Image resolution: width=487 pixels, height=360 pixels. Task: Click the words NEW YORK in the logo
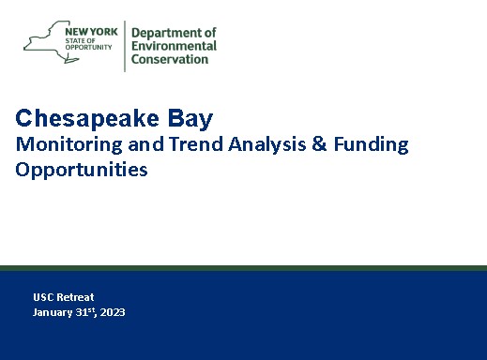click(90, 30)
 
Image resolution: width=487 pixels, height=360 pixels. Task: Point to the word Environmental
click(175, 46)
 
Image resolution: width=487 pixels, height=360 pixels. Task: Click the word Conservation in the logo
click(170, 59)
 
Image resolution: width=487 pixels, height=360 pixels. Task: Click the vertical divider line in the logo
click(125, 44)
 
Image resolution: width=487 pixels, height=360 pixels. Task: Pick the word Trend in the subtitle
click(191, 144)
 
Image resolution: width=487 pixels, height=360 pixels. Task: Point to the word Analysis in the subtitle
click(260, 145)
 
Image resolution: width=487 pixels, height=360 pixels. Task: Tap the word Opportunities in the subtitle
click(82, 171)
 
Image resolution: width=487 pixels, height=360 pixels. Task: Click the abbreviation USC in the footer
click(43, 297)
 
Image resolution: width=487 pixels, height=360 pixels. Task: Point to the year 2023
click(113, 312)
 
